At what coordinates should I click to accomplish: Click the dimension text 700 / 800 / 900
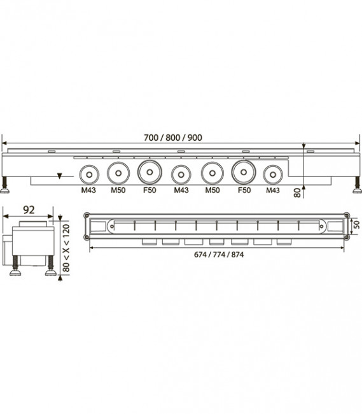pos(173,138)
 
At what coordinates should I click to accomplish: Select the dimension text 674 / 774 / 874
pos(219,255)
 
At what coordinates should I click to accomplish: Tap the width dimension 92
pos(29,210)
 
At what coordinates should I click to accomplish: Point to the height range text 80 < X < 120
pos(66,248)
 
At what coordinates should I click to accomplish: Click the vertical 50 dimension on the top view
pos(356,225)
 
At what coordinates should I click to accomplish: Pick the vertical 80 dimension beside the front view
pos(297,193)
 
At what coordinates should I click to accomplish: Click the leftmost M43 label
pos(88,190)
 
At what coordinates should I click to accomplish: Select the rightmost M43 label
pos(273,190)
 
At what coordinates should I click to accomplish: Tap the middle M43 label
pos(181,190)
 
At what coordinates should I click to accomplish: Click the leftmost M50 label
pos(118,190)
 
